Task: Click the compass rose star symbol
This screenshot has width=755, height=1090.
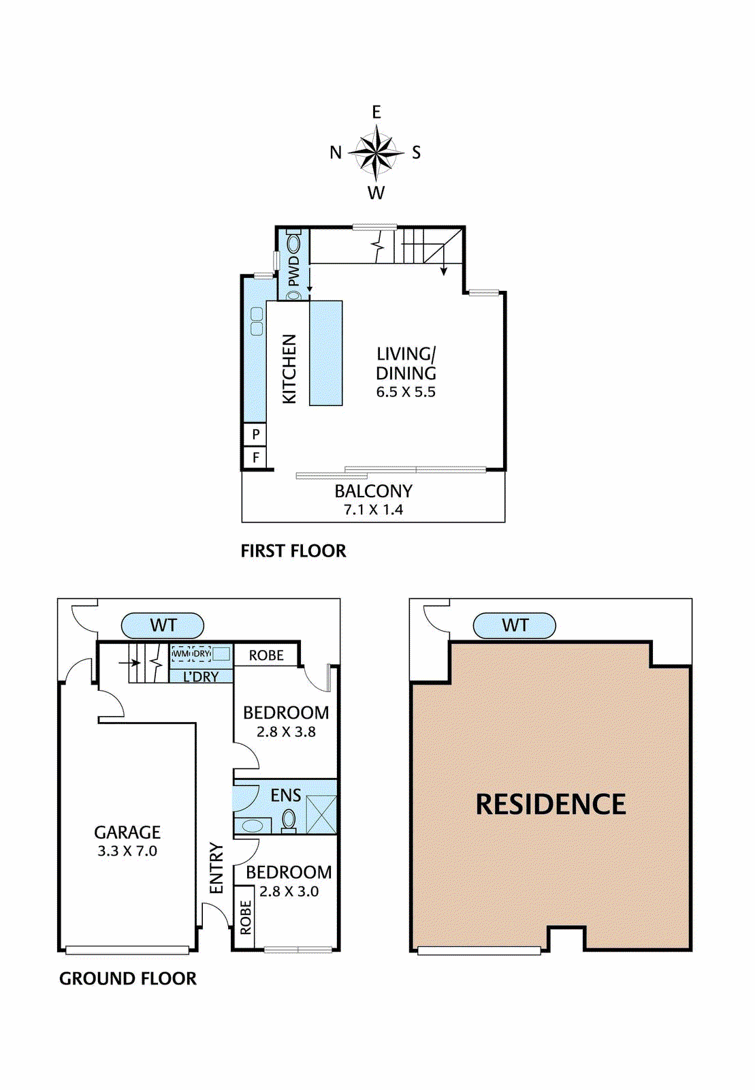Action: tap(376, 153)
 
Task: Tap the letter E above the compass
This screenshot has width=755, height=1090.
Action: tap(376, 112)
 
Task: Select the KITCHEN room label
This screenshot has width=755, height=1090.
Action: tap(289, 369)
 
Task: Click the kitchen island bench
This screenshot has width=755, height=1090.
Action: tap(325, 353)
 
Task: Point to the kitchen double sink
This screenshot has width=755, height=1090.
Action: tap(257, 321)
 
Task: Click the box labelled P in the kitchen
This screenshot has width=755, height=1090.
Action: tap(255, 433)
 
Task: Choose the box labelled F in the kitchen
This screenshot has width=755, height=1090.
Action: tap(255, 457)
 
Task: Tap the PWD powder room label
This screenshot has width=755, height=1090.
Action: tap(294, 272)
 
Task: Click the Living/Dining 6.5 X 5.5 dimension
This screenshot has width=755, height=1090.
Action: tap(406, 392)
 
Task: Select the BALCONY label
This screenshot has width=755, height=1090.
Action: tap(373, 491)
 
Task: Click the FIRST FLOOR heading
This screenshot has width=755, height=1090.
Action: tap(293, 551)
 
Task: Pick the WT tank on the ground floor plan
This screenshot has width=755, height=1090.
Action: tap(163, 625)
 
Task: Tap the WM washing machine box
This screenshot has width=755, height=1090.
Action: tap(181, 654)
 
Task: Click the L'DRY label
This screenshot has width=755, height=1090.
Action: tap(201, 676)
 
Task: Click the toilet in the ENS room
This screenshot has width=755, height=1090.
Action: tap(289, 821)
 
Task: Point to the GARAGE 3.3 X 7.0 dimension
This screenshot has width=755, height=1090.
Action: tap(127, 851)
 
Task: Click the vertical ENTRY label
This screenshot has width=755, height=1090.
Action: tap(216, 868)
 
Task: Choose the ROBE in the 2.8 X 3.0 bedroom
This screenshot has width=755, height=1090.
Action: tap(244, 917)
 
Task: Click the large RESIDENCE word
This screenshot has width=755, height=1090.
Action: tap(551, 804)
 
